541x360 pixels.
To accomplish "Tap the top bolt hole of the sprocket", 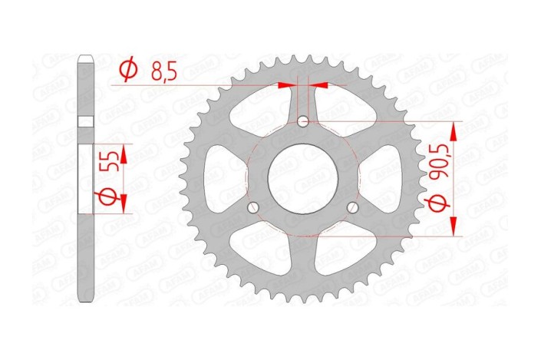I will point(303,121).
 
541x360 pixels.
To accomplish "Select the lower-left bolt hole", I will point(253,207).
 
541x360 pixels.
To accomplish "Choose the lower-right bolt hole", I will point(353,207).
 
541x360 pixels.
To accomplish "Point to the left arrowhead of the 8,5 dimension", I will point(286,85).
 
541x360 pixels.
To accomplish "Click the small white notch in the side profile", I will point(86,121).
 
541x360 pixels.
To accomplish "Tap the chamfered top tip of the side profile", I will point(86,57).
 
